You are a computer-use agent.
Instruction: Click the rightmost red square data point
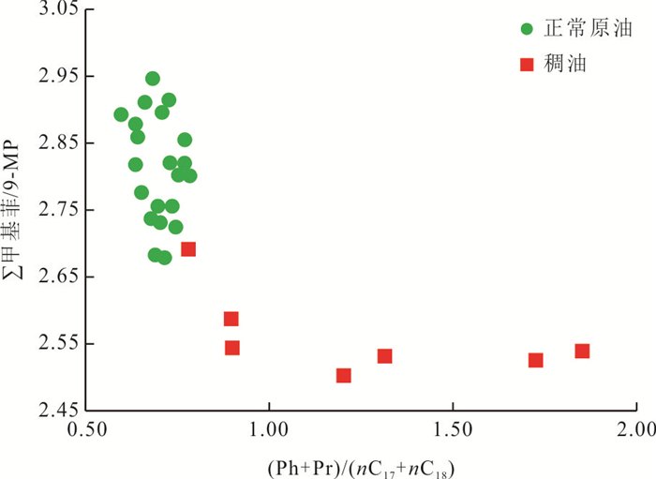pyautogui.click(x=582, y=352)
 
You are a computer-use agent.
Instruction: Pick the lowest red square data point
pyautogui.click(x=344, y=376)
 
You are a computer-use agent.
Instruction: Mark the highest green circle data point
pyautogui.click(x=153, y=79)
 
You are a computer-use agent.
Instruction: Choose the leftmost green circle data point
pyautogui.click(x=121, y=115)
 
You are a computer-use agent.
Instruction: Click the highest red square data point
pyautogui.click(x=188, y=249)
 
